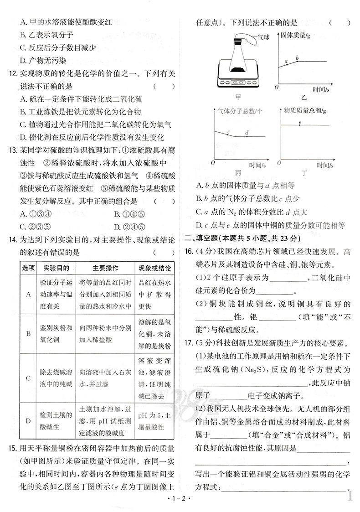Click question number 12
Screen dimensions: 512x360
[12, 73]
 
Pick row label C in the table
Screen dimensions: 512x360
[28, 378]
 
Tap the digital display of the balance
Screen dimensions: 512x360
[238, 83]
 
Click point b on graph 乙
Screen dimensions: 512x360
[297, 61]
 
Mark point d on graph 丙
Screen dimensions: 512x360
[247, 136]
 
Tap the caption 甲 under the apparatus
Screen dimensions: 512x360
[237, 97]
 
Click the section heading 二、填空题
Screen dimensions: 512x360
[203, 238]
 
